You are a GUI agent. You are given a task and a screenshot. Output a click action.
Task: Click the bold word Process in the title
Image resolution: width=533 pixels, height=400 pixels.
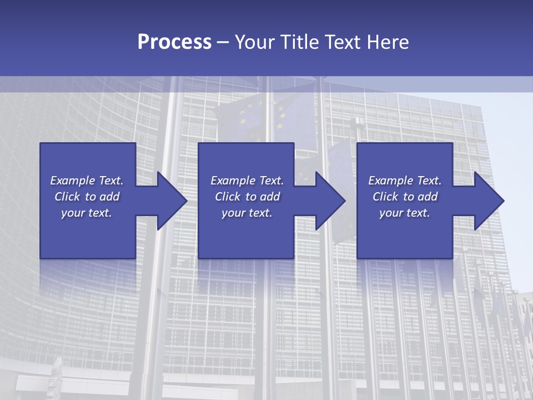(174, 42)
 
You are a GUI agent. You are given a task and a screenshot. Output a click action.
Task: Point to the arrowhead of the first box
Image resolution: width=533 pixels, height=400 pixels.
(173, 201)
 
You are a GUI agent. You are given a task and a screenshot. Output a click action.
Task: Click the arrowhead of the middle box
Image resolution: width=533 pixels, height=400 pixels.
(331, 201)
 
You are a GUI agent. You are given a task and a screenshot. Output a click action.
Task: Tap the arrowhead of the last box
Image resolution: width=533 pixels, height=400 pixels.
(490, 201)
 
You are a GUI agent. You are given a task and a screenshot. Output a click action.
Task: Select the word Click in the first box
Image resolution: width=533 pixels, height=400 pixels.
(67, 197)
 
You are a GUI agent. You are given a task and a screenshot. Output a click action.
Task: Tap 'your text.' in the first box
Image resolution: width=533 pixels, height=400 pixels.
(87, 213)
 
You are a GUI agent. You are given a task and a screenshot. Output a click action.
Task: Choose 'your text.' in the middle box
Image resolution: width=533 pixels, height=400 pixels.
(247, 213)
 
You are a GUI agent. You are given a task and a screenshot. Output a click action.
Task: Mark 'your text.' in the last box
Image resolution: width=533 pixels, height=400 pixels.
(405, 213)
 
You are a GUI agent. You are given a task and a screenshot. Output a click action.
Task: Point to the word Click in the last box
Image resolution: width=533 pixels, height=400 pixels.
(385, 197)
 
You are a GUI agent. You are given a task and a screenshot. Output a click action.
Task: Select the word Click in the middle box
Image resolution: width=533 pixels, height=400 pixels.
(228, 197)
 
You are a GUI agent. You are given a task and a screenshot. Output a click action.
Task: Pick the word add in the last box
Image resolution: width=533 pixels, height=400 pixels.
(428, 197)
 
